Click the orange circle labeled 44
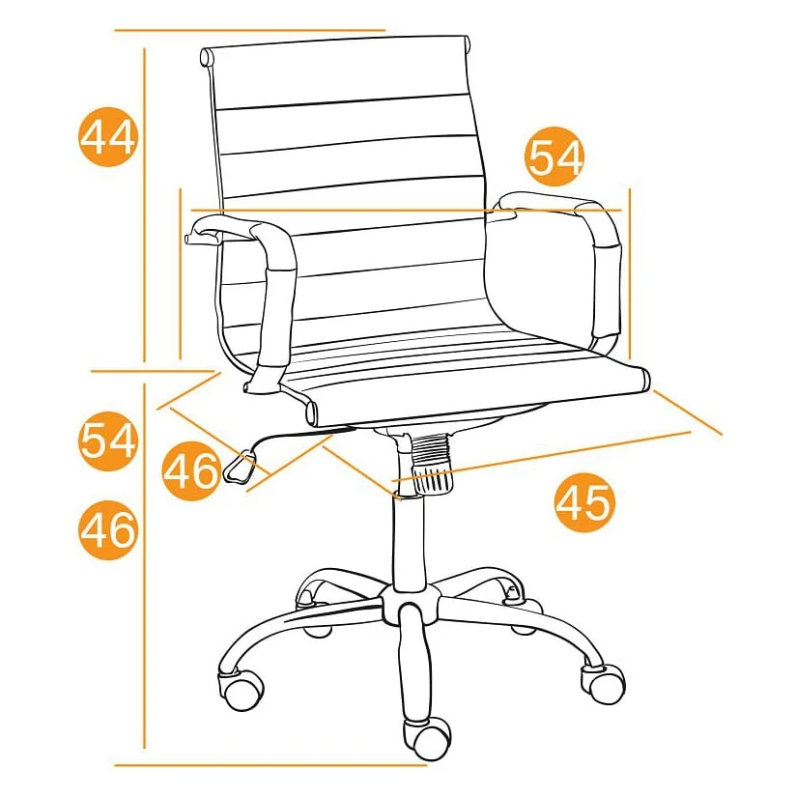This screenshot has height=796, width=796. (108, 136)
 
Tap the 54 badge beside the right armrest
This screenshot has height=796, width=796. (555, 156)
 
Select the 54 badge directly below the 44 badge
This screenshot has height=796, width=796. (108, 441)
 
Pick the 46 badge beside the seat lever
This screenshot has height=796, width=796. (191, 471)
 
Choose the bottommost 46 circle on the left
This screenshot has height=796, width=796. (108, 530)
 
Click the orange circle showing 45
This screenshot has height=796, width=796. (584, 502)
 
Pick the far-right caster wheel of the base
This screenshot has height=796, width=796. (603, 683)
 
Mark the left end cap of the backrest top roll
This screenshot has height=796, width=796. (206, 57)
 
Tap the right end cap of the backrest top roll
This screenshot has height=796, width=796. (467, 43)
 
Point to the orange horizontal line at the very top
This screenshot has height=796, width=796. (250, 31)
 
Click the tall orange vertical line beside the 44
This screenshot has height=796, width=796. (145, 205)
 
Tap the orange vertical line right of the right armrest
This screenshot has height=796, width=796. (630, 273)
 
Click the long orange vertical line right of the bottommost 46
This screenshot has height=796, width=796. (145, 565)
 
